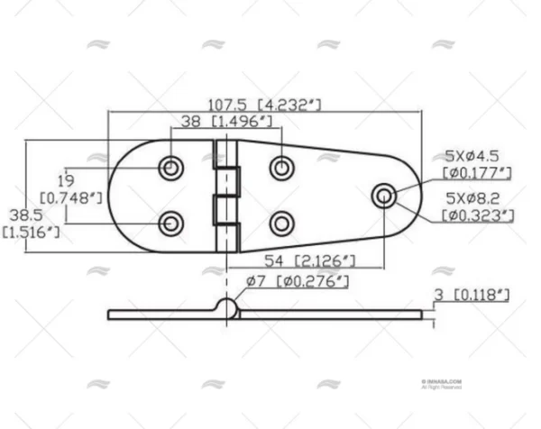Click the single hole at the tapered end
(x=384, y=195)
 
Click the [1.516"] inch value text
(x=32, y=233)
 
